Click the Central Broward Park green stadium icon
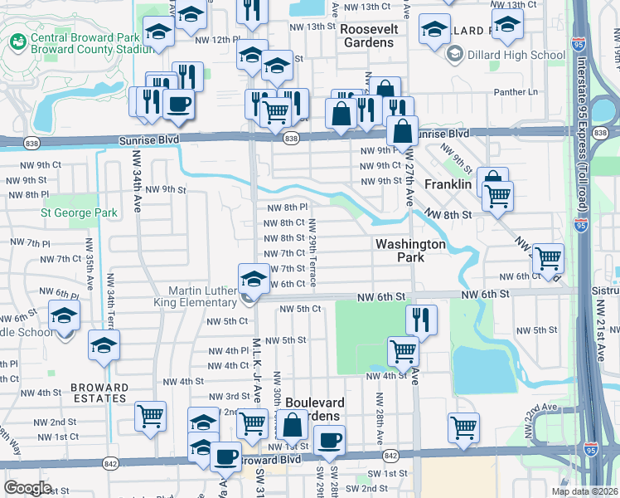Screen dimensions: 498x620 pos(17,41)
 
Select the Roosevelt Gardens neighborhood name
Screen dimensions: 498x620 pos(366,35)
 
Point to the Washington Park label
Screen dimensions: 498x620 pos(410,251)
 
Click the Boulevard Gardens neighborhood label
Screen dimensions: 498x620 pos(323,408)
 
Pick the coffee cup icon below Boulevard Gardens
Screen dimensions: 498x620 pos(330,441)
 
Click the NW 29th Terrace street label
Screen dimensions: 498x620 pos(312,253)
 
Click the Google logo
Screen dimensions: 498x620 pos(27,488)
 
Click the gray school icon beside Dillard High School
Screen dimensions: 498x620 pos(453,56)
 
